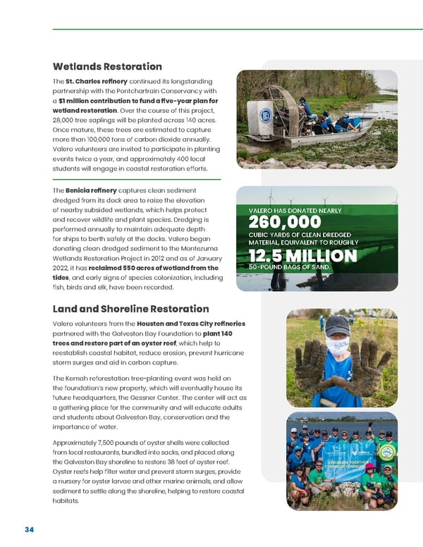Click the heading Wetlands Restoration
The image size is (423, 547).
pos(107,67)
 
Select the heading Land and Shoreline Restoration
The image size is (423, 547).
pos(130,309)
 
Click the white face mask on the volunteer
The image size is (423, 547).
pos(337,345)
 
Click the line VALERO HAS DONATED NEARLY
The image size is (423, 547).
pos(294,210)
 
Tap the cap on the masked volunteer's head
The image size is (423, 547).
pos(337,324)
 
